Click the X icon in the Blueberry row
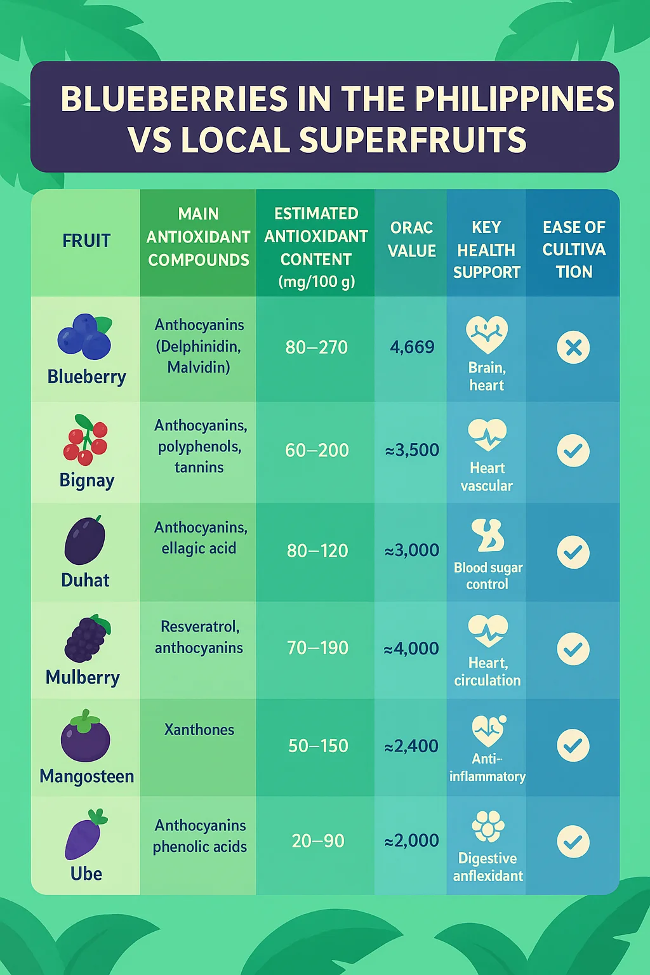pos(573,348)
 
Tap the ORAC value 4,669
pos(412,347)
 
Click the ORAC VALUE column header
pos(412,239)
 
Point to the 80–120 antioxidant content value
pos(317,550)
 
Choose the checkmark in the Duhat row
pos(573,552)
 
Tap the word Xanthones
pos(199,730)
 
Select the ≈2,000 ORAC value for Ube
pos(412,840)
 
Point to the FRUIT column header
pos(86,241)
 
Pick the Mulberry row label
pos(83,677)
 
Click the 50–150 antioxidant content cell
pos(318,746)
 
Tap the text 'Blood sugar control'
pos(487,576)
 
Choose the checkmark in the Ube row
pos(573,842)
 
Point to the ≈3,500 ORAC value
pos(412,450)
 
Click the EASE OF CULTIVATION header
pos(574,249)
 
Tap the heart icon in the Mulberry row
pos(487,631)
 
